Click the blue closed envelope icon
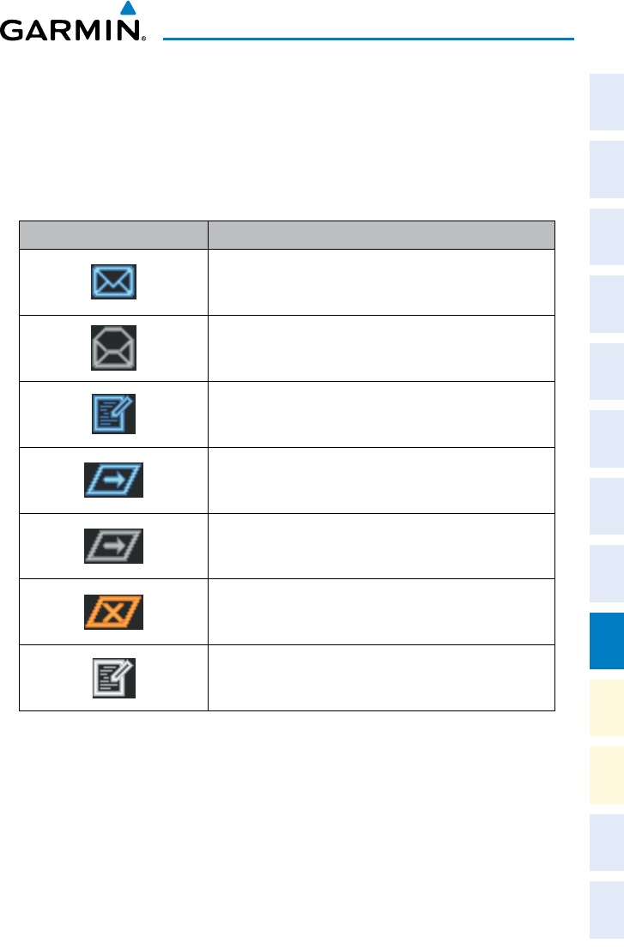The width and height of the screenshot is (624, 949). [x=113, y=281]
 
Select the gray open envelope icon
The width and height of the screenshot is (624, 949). [x=113, y=348]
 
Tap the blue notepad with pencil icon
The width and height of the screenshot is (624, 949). [x=113, y=414]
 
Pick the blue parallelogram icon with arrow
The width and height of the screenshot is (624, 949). [x=113, y=481]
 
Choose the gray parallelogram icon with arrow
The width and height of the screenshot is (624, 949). [x=113, y=547]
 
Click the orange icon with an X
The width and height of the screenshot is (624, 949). [x=113, y=613]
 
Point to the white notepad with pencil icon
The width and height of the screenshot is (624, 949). [x=113, y=679]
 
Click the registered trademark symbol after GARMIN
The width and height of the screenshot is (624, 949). [x=143, y=40]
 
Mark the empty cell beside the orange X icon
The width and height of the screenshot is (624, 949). [x=381, y=613]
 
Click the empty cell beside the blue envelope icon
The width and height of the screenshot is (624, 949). [x=381, y=281]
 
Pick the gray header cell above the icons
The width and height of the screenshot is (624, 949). [x=113, y=235]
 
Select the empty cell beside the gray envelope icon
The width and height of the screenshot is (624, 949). [x=381, y=348]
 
